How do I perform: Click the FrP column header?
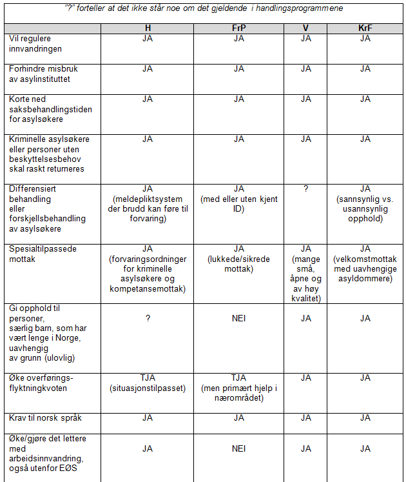[238, 28]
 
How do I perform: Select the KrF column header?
[365, 28]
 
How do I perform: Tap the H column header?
[148, 28]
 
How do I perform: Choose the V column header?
[305, 28]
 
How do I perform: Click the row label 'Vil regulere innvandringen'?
[36, 43]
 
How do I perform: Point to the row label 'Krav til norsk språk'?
[45, 418]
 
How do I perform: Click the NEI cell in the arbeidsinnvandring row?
[238, 448]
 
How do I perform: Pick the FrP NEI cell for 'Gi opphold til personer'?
[238, 318]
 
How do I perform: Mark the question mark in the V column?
[305, 188]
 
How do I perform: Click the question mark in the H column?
[148, 318]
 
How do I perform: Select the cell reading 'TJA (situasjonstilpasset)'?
[148, 383]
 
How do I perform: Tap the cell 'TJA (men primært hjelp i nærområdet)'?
[238, 388]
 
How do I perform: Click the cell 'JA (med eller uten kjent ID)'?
[238, 198]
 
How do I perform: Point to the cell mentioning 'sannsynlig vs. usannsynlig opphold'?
[365, 203]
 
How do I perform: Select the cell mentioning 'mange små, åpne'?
[305, 273]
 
